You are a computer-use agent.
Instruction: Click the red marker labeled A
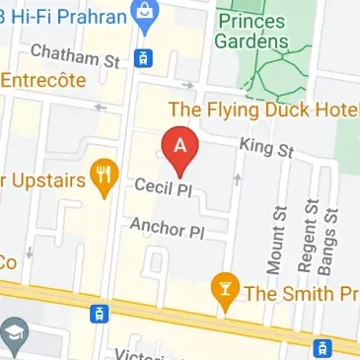180,149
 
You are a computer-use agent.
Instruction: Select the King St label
266,149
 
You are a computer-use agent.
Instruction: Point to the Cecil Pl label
162,185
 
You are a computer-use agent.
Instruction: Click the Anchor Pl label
166,229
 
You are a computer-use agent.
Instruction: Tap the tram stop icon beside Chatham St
144,57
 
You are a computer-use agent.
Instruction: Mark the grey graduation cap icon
12,335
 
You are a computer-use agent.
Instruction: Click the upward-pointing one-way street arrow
235,180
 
